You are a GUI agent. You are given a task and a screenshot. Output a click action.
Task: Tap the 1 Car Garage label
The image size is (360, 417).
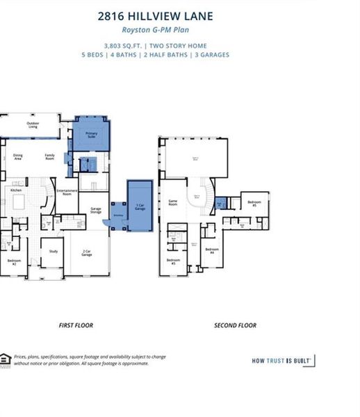[x=140, y=206]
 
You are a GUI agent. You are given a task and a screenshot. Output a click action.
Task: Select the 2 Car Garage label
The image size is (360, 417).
[x=88, y=254]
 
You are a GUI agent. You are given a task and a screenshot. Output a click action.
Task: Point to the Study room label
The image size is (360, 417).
[x=52, y=251]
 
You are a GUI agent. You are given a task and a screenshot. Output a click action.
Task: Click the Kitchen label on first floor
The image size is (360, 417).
[x=15, y=189]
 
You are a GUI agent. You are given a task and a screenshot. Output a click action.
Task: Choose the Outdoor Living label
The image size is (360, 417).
[x=33, y=126]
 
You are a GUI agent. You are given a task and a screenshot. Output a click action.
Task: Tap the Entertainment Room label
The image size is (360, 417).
[x=66, y=193]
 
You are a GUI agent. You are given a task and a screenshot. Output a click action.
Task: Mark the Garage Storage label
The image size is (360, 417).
[x=95, y=211]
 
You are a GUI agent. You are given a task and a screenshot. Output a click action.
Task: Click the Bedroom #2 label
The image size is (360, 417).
[x=12, y=262]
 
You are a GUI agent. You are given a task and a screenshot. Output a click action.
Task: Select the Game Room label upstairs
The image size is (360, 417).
[x=174, y=203]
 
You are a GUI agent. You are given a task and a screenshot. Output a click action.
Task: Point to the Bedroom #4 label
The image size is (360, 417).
[x=212, y=250]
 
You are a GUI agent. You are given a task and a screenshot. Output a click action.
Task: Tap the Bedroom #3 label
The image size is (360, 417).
[x=173, y=262]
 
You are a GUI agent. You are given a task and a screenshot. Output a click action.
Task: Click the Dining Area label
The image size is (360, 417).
[x=18, y=157]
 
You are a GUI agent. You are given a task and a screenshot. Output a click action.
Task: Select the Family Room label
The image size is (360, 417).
[x=50, y=156]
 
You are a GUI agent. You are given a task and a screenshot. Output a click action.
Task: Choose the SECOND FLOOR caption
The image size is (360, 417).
[x=235, y=325]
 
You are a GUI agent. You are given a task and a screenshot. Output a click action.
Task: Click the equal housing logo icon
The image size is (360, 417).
[x=6, y=358]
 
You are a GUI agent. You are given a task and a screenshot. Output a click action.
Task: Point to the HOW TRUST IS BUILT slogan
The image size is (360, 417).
[x=281, y=360]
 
